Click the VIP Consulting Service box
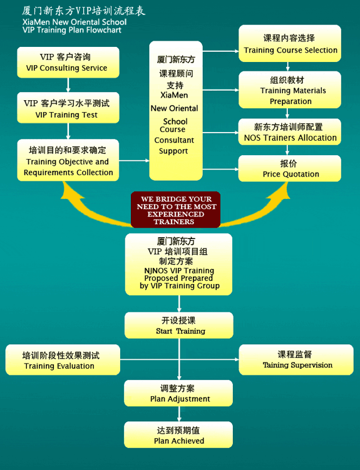[x=68, y=63]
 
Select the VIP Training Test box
[x=68, y=108]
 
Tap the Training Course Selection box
[x=290, y=43]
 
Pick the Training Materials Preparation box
[x=290, y=89]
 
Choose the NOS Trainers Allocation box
[x=289, y=132]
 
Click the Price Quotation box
[x=289, y=168]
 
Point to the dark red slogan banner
[x=176, y=210]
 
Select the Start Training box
[x=179, y=325]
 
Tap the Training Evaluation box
[x=63, y=360]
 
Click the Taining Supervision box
[x=296, y=360]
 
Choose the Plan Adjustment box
[x=178, y=393]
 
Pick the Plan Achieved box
[x=178, y=434]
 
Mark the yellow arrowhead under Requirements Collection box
[x=73, y=191]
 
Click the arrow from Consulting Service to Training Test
[x=68, y=85]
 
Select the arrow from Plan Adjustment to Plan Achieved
[x=179, y=414]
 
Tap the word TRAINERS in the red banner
[x=174, y=222]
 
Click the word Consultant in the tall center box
[x=174, y=140]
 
